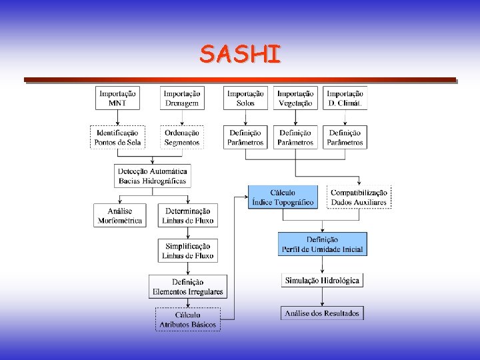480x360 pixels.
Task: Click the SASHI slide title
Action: point(240,54)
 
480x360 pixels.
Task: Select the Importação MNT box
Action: point(117,99)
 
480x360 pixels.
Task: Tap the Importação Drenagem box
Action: point(182,99)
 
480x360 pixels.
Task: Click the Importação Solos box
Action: point(245,99)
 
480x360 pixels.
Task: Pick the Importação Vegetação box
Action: point(295,99)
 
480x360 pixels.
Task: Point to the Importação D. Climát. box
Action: point(345,99)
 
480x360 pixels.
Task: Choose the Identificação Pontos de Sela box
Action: point(117,137)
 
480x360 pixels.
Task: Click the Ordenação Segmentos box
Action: point(182,137)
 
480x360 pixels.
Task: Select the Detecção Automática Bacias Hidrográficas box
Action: point(153,175)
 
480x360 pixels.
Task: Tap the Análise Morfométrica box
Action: point(120,215)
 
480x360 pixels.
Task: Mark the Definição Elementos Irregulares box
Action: point(187,287)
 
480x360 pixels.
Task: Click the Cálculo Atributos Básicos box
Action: point(187,319)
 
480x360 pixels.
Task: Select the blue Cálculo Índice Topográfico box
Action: point(283,197)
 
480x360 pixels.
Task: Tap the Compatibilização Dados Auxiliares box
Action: point(359,197)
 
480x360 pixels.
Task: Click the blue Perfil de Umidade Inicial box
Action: point(322,244)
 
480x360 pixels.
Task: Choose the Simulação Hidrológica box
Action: point(322,281)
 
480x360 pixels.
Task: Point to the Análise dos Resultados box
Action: point(322,313)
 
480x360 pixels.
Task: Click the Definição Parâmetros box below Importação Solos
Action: point(245,137)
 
